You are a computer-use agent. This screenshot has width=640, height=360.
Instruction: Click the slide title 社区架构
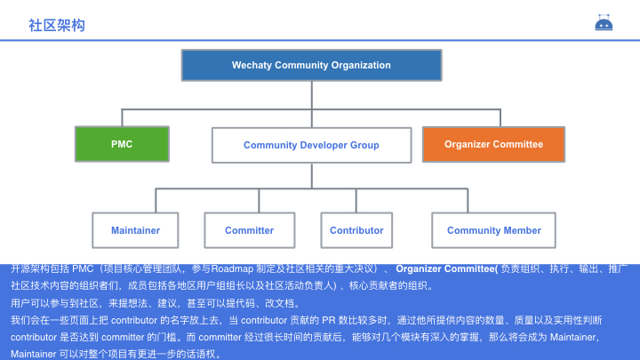tap(57, 26)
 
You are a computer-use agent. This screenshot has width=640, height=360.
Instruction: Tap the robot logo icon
tap(604, 24)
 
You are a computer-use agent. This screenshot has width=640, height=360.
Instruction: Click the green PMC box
tap(122, 144)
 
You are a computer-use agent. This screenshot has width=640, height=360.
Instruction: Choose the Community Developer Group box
tap(311, 145)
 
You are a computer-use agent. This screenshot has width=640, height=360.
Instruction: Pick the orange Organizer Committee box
tap(493, 144)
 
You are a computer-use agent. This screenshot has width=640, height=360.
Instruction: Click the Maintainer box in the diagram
tap(135, 230)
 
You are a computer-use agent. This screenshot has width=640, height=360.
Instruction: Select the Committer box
tap(249, 230)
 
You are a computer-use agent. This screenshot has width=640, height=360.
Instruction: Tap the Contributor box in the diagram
tap(356, 230)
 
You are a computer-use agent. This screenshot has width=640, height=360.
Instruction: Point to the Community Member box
tap(493, 230)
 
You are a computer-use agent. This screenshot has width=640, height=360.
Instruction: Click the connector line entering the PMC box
tap(122, 118)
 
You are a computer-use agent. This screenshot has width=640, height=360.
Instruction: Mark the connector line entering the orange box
tap(493, 118)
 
